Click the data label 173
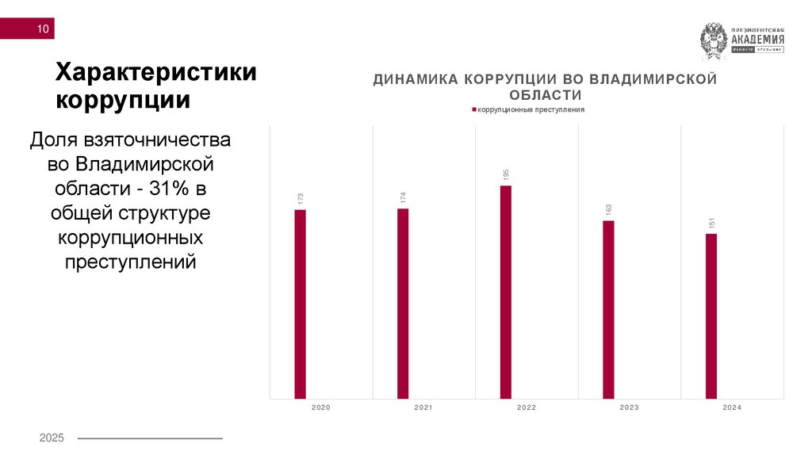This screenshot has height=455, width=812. point(301,199)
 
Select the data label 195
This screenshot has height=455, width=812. point(506,174)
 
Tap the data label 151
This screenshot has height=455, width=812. point(711,223)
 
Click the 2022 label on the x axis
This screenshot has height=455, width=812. point(527,407)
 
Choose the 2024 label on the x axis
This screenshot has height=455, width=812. point(732,407)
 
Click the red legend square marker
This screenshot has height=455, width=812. point(473,109)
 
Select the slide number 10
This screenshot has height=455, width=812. point(42,30)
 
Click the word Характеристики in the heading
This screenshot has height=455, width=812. point(155,73)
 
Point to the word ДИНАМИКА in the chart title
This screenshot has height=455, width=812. point(416,79)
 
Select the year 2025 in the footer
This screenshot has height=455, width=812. point(52,438)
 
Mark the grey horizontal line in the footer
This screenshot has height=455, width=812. point(149,438)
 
